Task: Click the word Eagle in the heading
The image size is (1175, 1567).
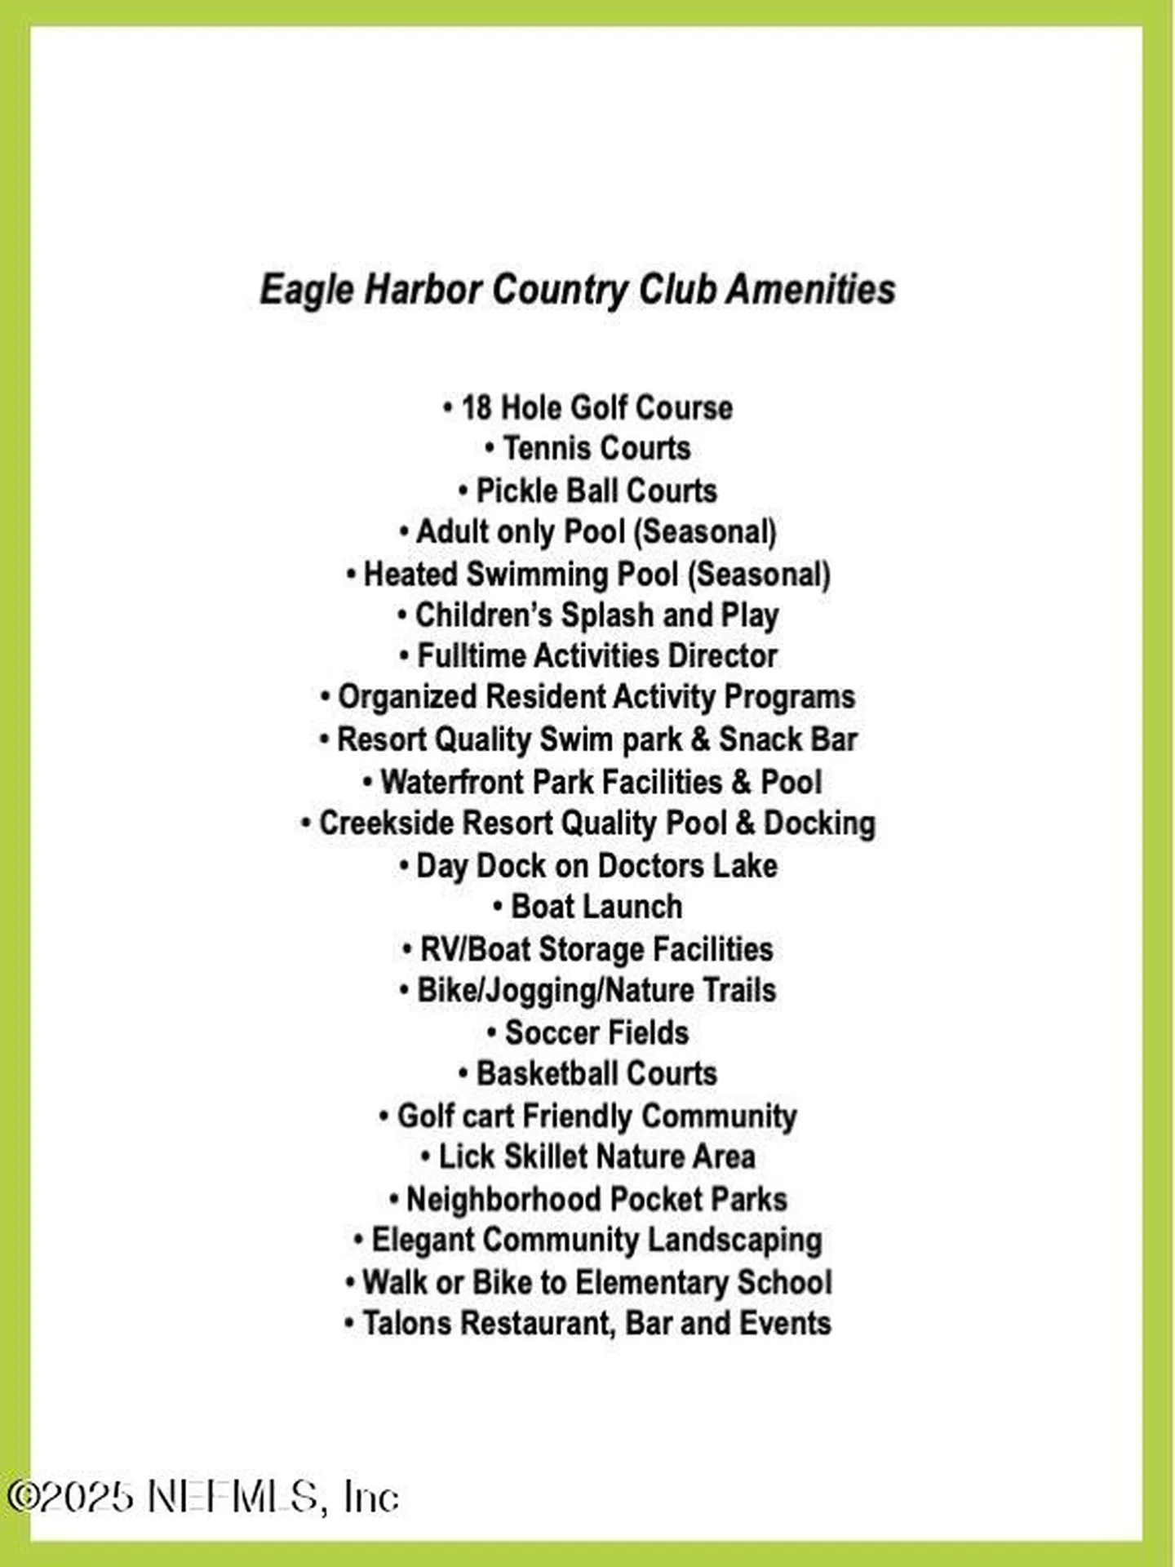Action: (x=308, y=291)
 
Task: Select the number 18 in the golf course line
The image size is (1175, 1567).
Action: (x=476, y=407)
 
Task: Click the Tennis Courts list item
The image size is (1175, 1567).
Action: (x=596, y=448)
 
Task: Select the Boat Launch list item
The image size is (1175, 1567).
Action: (x=596, y=907)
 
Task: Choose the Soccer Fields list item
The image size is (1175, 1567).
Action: (x=596, y=1032)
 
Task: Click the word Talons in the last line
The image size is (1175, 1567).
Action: (x=406, y=1323)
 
